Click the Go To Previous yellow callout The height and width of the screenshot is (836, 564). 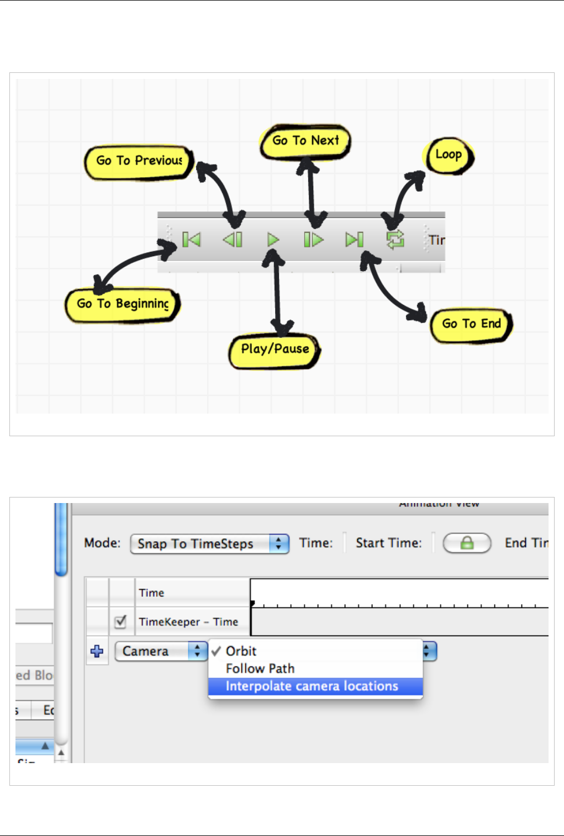click(x=139, y=161)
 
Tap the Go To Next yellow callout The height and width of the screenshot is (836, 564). click(x=305, y=141)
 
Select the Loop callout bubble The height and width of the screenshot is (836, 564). click(x=449, y=155)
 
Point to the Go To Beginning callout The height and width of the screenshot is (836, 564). click(x=123, y=304)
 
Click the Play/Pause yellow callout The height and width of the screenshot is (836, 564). click(x=275, y=350)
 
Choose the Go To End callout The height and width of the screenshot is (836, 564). click(x=471, y=324)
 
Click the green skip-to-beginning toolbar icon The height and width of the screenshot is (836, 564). click(x=191, y=240)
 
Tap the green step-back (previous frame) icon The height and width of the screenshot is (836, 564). click(x=233, y=240)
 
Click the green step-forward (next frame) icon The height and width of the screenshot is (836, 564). click(x=313, y=240)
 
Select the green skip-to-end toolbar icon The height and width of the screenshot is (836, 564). click(x=354, y=240)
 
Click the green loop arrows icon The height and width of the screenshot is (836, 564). click(x=395, y=240)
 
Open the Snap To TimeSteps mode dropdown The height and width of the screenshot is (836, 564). click(x=209, y=544)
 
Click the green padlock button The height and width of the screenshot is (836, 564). click(x=467, y=543)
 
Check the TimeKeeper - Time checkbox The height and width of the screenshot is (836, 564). click(x=121, y=622)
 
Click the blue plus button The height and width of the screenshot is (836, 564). click(x=97, y=652)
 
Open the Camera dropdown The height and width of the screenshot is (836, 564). click(x=161, y=652)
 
